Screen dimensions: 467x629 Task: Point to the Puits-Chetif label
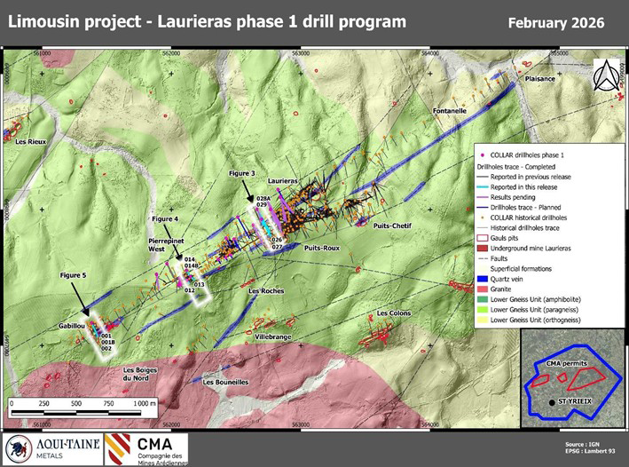(x=392, y=226)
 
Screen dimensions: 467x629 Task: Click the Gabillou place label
(x=71, y=326)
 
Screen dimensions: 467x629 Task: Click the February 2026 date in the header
(x=556, y=21)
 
